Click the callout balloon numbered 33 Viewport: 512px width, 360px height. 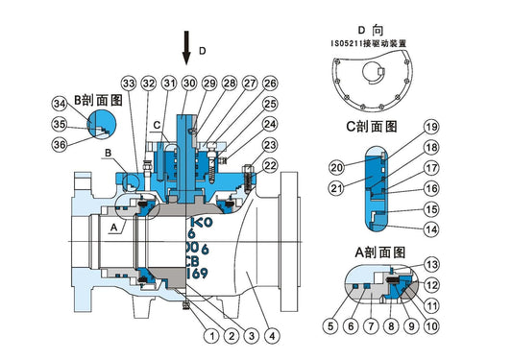(128, 84)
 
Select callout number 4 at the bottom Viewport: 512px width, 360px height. (273, 336)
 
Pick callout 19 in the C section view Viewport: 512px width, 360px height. (431, 127)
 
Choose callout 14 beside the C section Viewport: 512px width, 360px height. (431, 230)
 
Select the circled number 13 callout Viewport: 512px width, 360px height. (431, 264)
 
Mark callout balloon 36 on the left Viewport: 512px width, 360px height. (60, 145)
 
